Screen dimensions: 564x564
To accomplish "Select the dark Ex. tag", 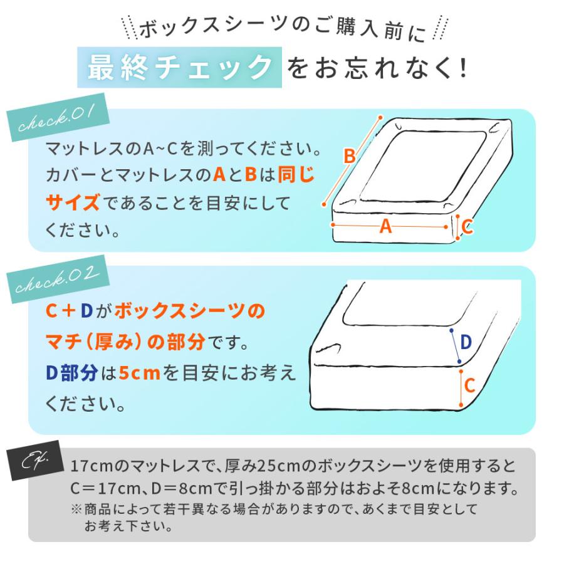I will pyautogui.click(x=39, y=464).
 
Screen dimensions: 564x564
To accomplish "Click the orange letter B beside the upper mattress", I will pyautogui.click(x=350, y=157).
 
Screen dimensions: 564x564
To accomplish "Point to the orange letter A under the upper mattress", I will pyautogui.click(x=385, y=227).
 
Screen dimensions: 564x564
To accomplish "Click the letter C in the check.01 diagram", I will pyautogui.click(x=467, y=226).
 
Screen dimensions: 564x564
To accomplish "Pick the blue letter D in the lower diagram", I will pyautogui.click(x=466, y=342).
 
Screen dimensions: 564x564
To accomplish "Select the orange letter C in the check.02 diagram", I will pyautogui.click(x=469, y=384).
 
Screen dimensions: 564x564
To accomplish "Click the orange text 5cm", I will pyautogui.click(x=140, y=373).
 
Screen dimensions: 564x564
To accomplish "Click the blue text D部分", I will pyautogui.click(x=71, y=373).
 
